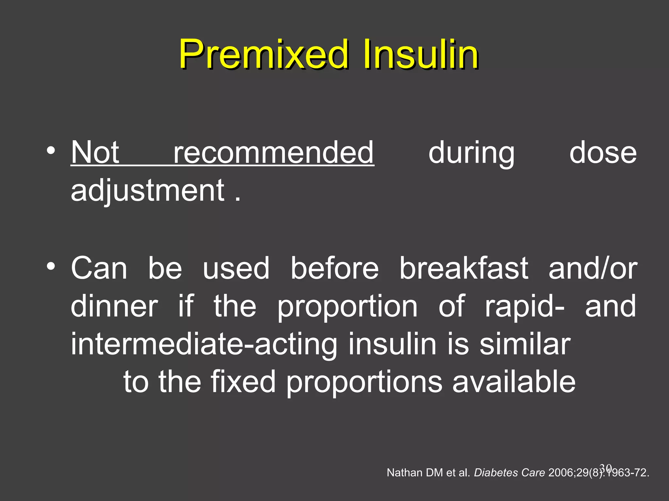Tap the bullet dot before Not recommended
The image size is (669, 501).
coord(51,151)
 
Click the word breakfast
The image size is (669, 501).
coord(464,268)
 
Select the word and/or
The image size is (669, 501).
coord(593,268)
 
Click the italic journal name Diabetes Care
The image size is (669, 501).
coord(509,473)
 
